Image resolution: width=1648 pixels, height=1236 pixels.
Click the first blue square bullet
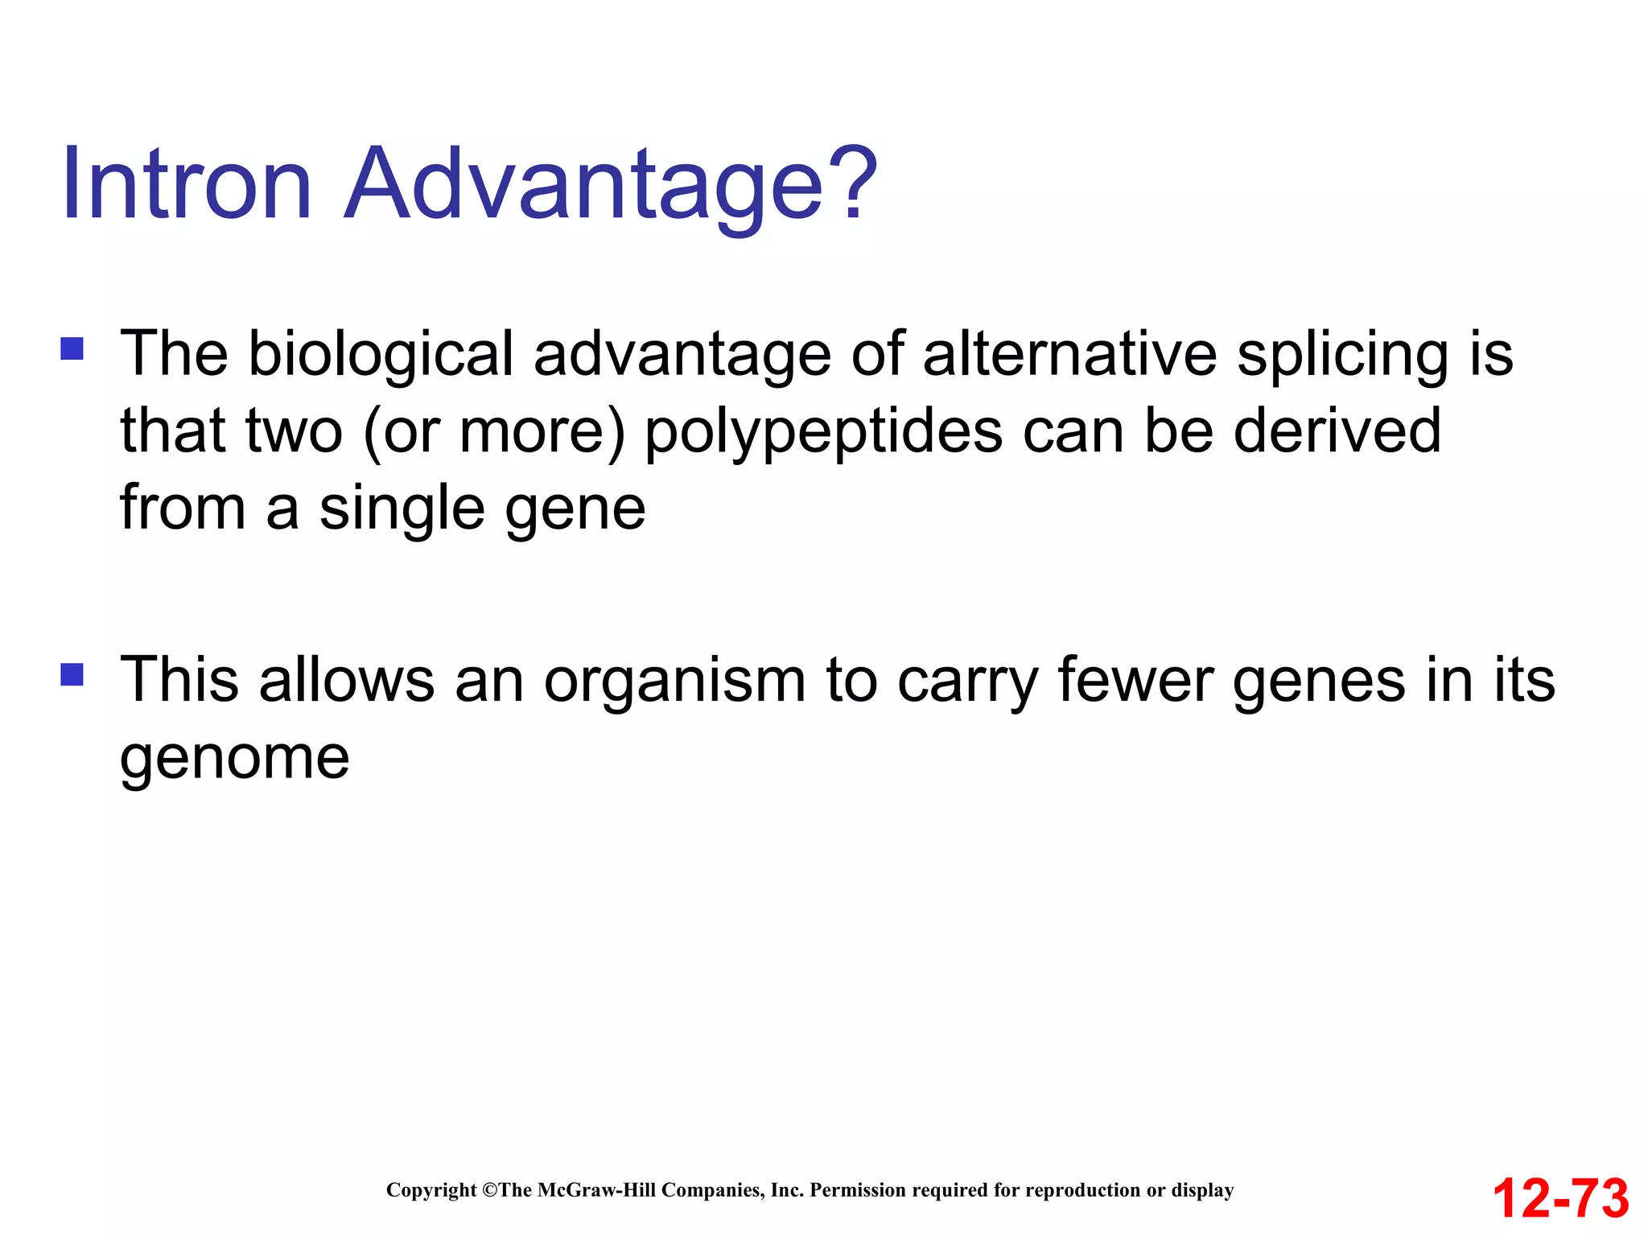pos(72,348)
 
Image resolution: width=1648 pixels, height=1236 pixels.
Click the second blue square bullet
pos(72,674)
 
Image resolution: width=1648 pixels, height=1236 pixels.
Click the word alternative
pos(1069,354)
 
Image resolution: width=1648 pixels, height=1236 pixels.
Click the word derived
pos(1337,431)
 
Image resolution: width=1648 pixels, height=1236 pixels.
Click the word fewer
pos(1135,680)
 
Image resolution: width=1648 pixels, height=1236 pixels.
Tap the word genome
pos(234,760)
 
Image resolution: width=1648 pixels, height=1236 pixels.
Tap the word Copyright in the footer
pos(431,1190)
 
